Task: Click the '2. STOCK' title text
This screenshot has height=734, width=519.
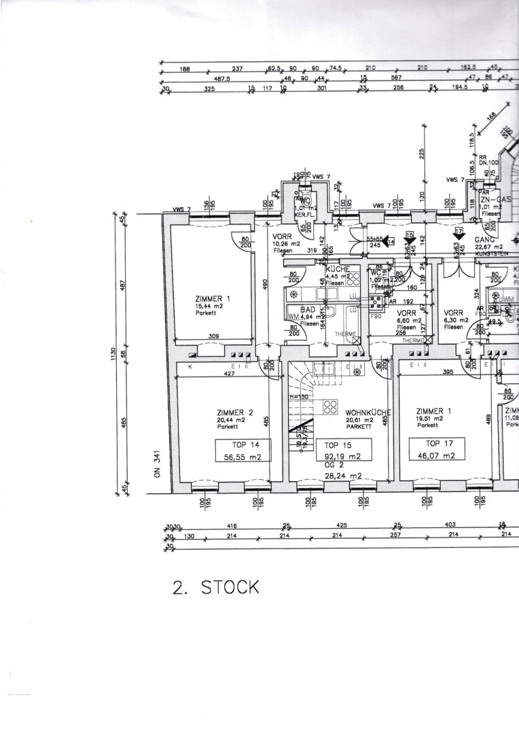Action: click(216, 587)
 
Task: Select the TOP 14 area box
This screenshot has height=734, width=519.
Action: click(243, 450)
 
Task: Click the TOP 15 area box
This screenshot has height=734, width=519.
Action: click(343, 450)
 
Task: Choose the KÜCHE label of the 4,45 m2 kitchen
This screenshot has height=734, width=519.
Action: click(337, 269)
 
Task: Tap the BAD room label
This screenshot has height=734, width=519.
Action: click(308, 309)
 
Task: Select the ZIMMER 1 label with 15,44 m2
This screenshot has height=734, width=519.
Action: click(213, 298)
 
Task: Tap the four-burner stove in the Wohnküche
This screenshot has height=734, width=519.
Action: click(331, 406)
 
